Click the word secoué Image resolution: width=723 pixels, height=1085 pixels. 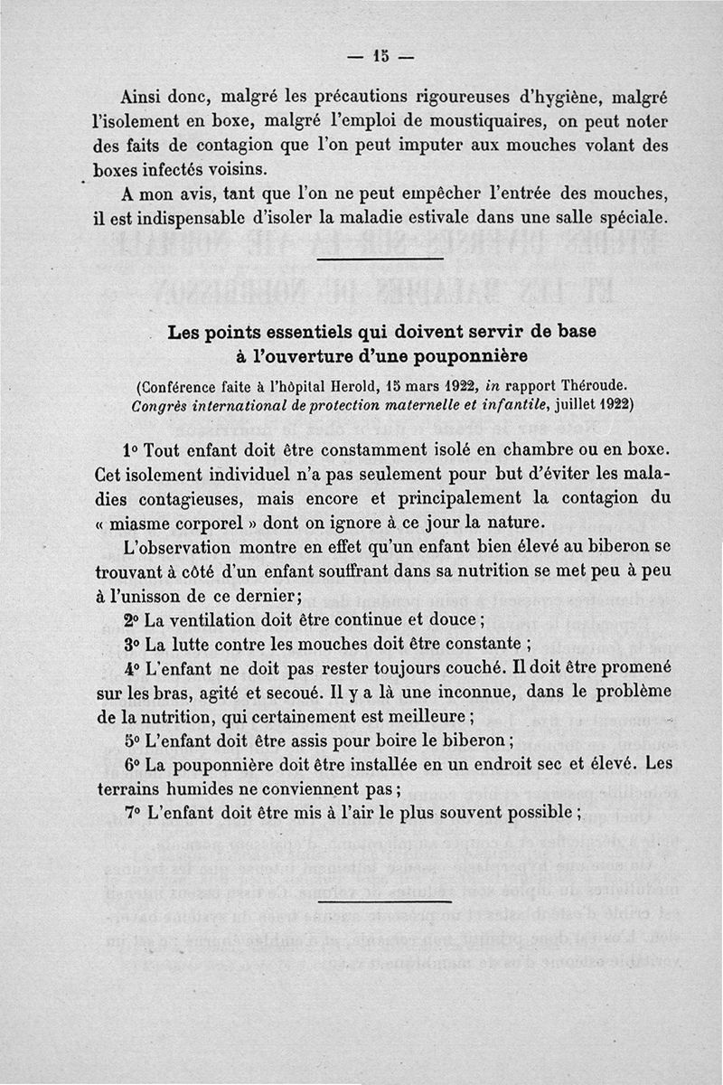tap(287, 692)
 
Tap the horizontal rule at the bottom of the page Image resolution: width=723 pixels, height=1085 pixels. tap(385, 901)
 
